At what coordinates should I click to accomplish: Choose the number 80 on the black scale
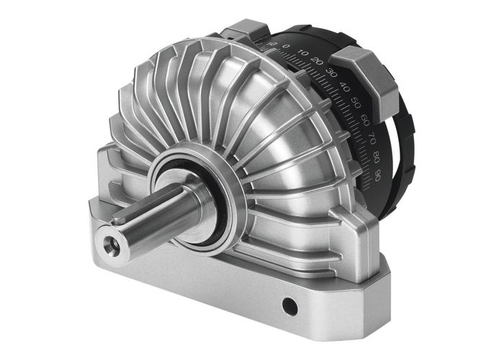click(x=377, y=155)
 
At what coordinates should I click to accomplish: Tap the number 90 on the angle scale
click(x=379, y=174)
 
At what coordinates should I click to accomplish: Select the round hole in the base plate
click(x=289, y=307)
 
